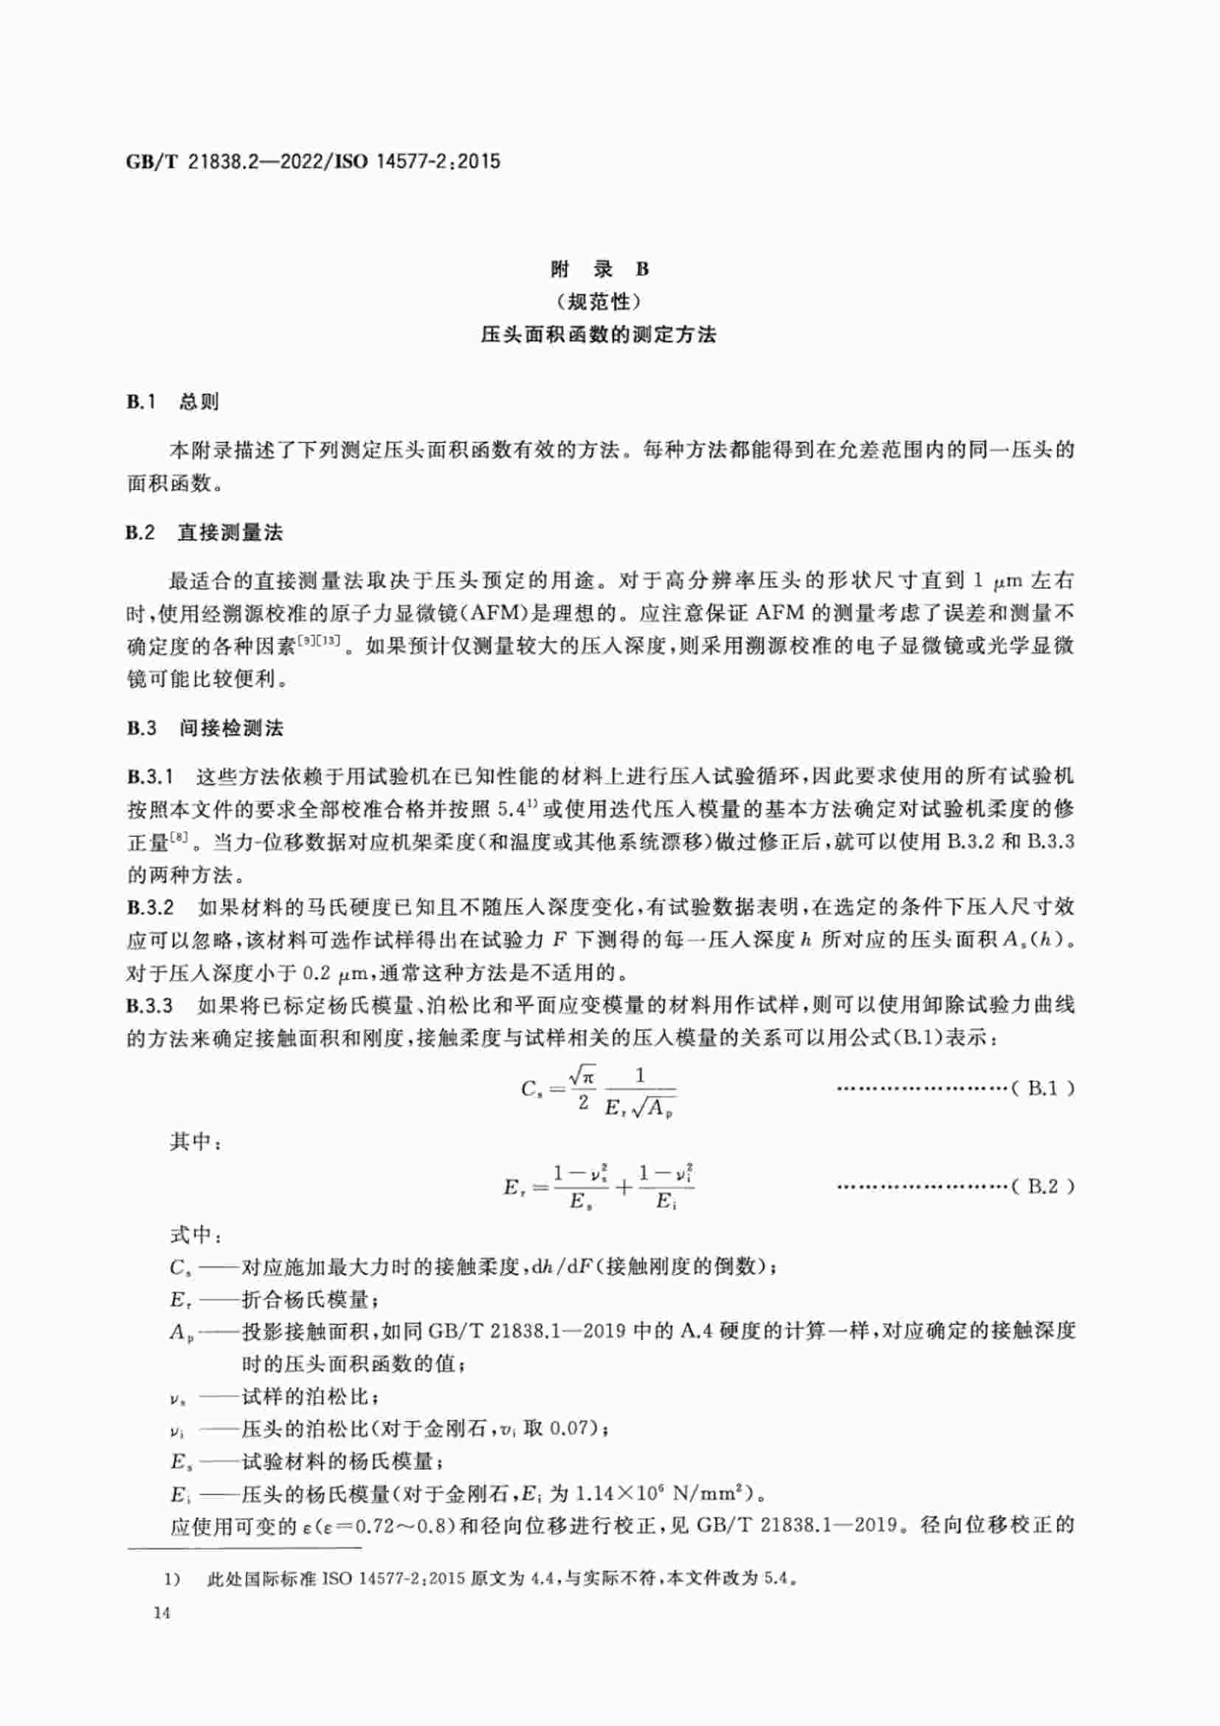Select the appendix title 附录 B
point(599,269)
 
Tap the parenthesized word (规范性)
point(599,303)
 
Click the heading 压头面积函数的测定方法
point(599,335)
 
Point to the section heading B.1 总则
point(172,402)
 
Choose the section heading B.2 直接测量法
point(204,533)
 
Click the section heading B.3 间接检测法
point(204,728)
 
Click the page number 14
point(161,1612)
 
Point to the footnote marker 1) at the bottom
point(173,1578)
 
